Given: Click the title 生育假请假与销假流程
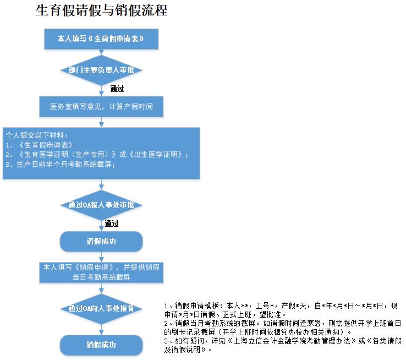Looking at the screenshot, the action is pos(101,10).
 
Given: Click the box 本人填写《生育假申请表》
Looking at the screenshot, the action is pos(101,39).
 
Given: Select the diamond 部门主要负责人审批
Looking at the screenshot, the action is pos(101,70).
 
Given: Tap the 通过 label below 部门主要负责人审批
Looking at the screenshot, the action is pos(117,89).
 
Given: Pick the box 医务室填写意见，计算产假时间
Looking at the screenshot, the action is pos(101,106).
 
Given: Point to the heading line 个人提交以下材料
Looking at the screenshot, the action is pos(37,135).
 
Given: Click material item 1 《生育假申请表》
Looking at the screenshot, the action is pos(39,145).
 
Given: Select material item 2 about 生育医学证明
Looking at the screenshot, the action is pos(97,155).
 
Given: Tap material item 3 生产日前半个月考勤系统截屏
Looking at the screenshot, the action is pos(61,165).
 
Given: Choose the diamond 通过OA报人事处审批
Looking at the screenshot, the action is pos(101,205).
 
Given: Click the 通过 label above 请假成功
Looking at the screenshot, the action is pos(112,223).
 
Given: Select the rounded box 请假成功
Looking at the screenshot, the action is pos(101,242).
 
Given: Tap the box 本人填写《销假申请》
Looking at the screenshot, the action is pos(101,272).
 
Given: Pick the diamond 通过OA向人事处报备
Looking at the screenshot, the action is pos(101,308).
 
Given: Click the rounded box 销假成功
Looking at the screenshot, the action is pos(101,345).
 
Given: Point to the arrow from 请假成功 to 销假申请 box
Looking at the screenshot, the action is pos(101,257).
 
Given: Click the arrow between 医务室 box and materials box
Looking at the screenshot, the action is pos(101,122).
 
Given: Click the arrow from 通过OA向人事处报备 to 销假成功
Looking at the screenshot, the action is pos(101,329).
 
